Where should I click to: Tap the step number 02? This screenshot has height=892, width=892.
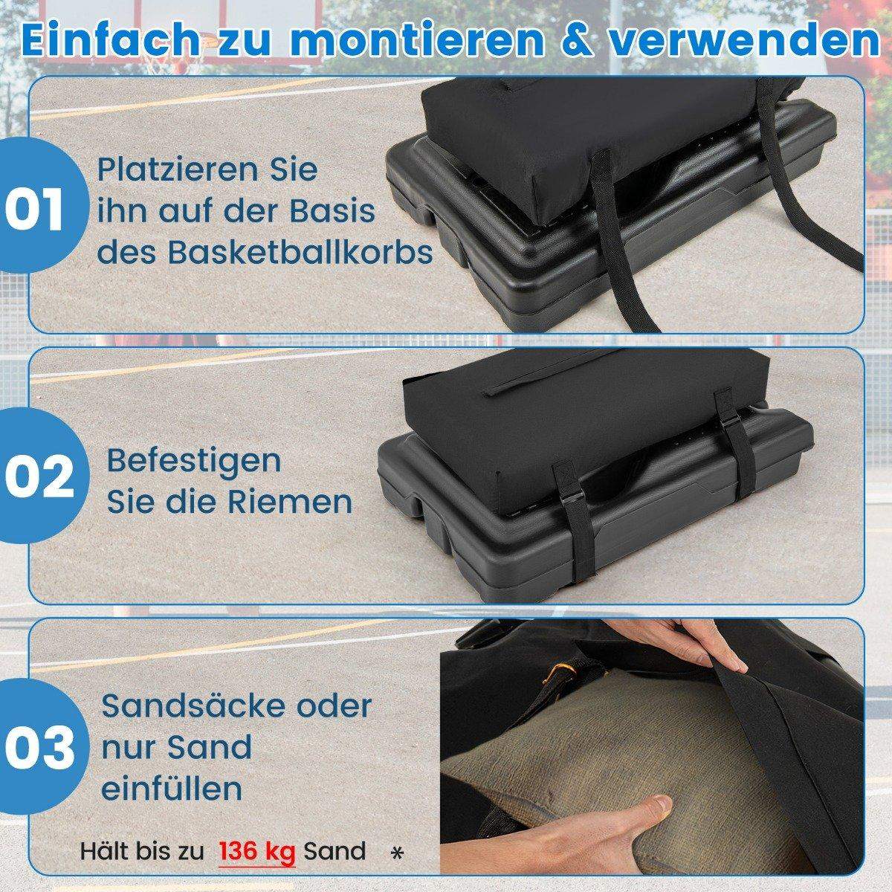tap(39, 477)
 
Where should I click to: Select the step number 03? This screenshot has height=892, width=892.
tap(40, 749)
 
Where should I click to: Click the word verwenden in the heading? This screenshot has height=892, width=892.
tap(743, 42)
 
